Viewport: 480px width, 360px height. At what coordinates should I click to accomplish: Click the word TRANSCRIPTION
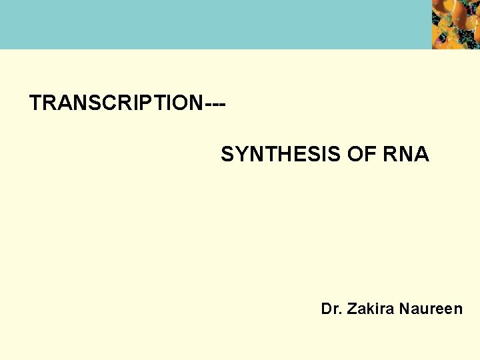(x=115, y=103)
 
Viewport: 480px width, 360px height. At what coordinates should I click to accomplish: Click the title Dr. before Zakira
(x=331, y=309)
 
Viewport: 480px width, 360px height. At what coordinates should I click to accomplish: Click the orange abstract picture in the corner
(x=455, y=25)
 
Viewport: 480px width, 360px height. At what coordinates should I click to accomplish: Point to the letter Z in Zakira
(x=351, y=309)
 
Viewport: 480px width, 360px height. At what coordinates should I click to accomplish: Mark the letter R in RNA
(x=391, y=155)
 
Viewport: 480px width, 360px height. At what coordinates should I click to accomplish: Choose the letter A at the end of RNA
(x=422, y=155)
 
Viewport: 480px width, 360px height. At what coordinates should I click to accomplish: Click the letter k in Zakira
(x=367, y=309)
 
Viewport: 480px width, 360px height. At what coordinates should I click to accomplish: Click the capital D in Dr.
(x=326, y=309)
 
